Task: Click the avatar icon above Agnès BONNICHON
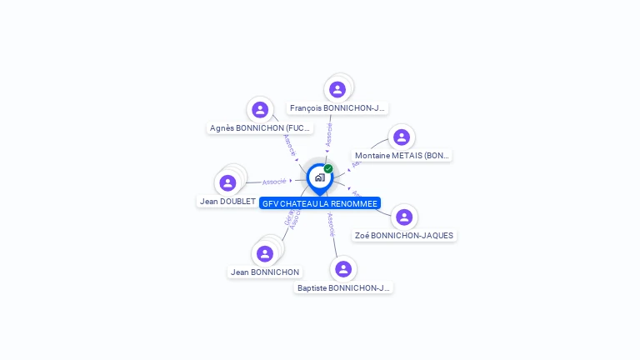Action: coord(260,109)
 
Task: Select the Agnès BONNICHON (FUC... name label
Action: coord(260,128)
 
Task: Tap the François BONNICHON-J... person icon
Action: coord(337,89)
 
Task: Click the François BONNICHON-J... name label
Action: coord(337,108)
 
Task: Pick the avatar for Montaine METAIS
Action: coord(402,137)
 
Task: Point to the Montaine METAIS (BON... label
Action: coord(402,156)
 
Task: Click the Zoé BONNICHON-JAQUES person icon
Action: coord(404,217)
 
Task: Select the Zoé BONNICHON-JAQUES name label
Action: coord(404,236)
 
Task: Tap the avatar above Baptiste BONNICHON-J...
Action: coord(343,268)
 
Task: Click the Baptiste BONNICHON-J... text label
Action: coord(343,288)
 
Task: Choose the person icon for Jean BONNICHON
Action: coord(265,253)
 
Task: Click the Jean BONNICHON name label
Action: coord(265,272)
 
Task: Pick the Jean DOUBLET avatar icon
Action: coord(227,182)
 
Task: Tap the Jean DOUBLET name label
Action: coord(227,202)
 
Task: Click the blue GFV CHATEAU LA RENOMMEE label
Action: coord(320,203)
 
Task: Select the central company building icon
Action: coord(319,177)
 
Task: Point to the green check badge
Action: coord(328,169)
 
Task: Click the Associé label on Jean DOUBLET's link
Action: coord(274,181)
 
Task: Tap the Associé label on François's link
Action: coord(329,134)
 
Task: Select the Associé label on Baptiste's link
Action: coord(331,225)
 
